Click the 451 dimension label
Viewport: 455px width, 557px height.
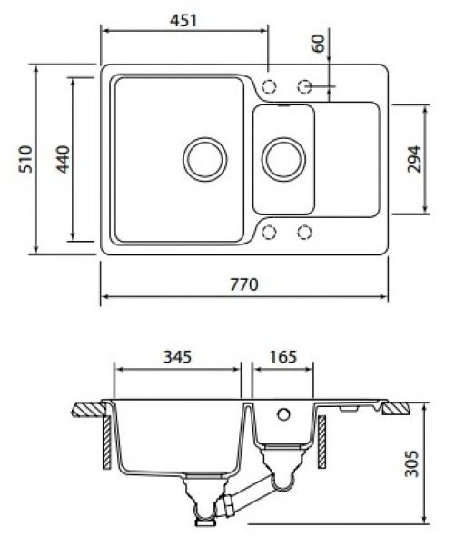coord(183,20)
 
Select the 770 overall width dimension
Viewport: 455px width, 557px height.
coord(244,284)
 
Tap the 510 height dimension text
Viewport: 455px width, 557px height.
coord(25,159)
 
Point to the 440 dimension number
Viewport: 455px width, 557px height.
coord(64,159)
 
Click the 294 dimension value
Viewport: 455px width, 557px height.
coord(414,159)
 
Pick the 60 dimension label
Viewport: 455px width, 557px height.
coord(319,43)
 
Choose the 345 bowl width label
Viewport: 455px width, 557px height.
coord(177,357)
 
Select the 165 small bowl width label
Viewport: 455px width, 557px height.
coord(282,357)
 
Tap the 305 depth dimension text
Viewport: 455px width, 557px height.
coord(411,463)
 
